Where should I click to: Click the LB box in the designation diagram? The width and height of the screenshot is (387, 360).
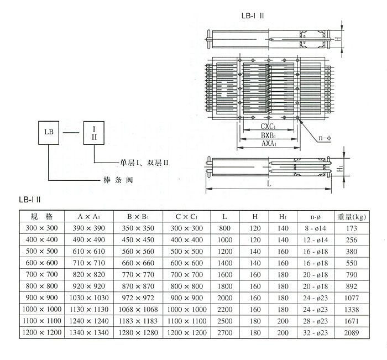click(x=49, y=133)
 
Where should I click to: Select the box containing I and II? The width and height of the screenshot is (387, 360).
click(x=93, y=133)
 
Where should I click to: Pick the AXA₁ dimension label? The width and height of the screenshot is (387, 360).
click(x=270, y=143)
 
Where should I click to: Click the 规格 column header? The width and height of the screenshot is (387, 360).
click(x=41, y=216)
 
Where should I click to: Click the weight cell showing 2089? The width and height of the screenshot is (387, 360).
click(x=352, y=333)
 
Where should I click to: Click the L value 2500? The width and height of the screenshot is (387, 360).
click(x=225, y=321)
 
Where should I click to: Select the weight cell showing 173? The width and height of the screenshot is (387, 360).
click(x=352, y=228)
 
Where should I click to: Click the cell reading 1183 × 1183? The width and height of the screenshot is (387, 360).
click(x=138, y=321)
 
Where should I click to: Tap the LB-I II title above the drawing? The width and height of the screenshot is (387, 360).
click(x=251, y=16)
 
